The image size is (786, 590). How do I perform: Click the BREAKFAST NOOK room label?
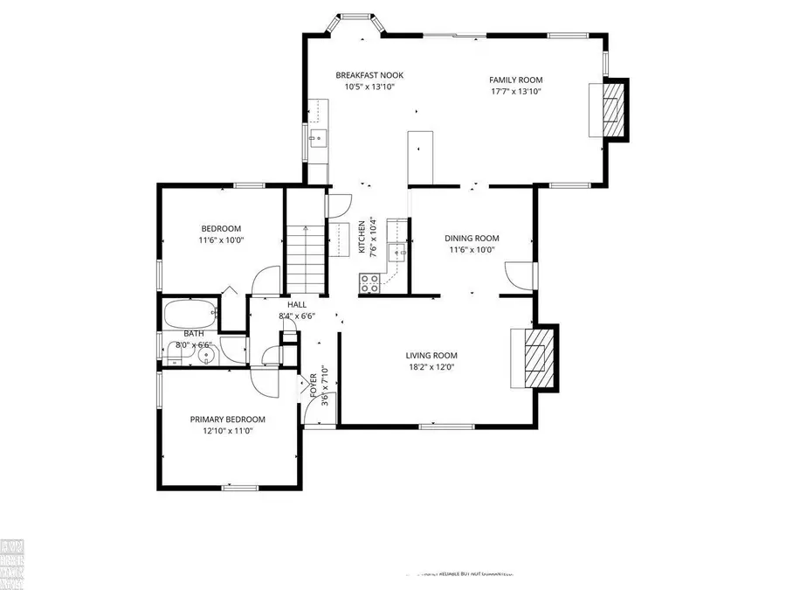(x=369, y=75)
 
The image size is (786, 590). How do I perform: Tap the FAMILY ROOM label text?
(x=515, y=80)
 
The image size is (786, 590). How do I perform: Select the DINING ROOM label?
(x=471, y=238)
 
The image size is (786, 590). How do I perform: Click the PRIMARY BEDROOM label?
(x=227, y=420)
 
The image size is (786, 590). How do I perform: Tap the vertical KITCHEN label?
(x=362, y=236)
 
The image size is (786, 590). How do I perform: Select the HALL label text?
(x=296, y=304)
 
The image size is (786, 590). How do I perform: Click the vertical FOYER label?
(x=314, y=385)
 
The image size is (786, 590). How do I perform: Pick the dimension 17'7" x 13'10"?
(x=515, y=91)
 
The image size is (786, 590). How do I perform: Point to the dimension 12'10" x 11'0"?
(x=227, y=432)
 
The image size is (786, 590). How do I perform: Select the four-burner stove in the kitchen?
(x=369, y=282)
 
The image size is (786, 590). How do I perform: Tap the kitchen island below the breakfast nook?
(x=420, y=157)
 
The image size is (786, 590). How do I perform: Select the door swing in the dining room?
(x=517, y=278)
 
